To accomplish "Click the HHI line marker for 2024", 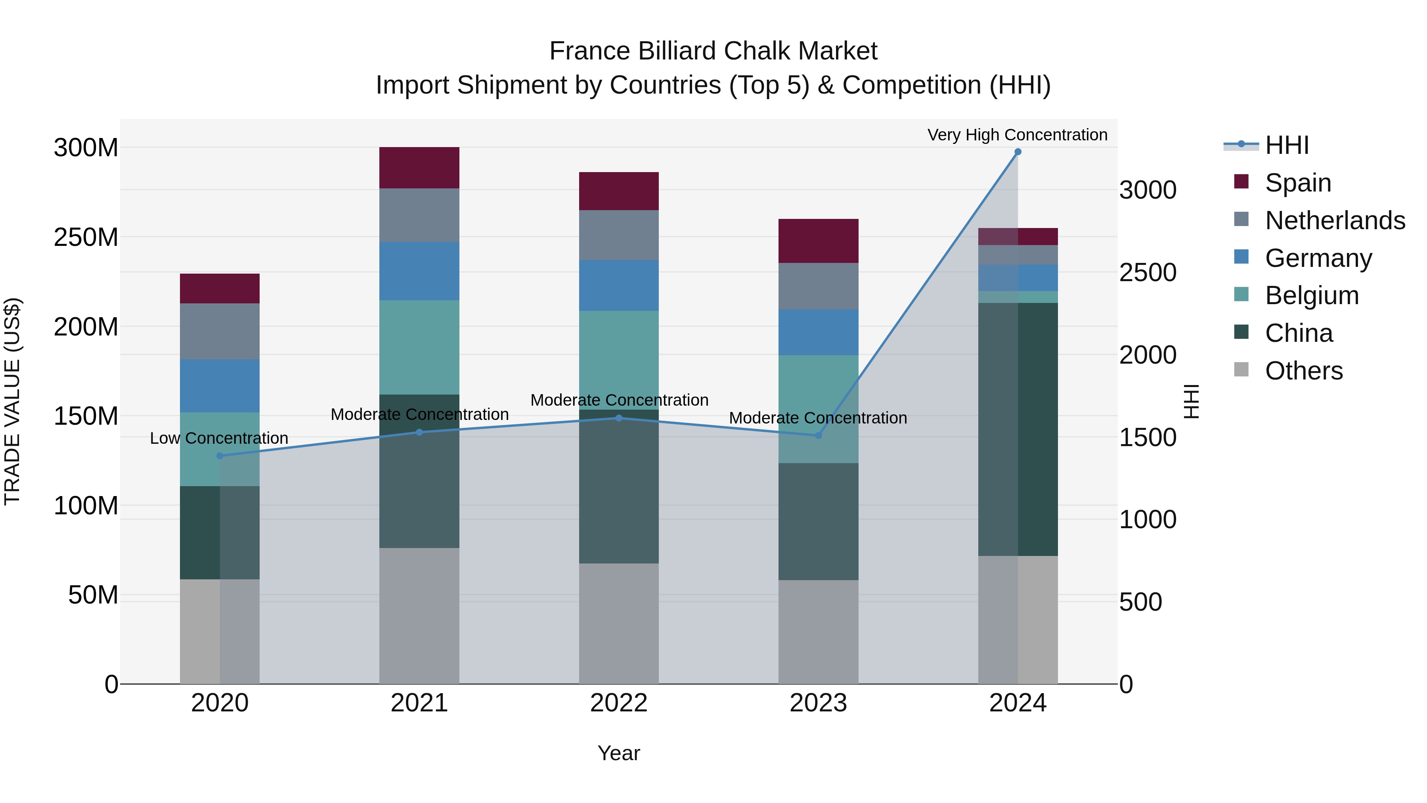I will coord(1018,152).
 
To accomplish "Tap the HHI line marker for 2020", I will coord(220,456).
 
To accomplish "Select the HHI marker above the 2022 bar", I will coord(619,418).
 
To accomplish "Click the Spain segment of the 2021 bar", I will coord(419,168).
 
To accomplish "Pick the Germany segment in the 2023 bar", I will coord(818,333).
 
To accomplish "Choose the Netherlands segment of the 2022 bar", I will coord(619,235).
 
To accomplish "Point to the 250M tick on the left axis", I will coord(86,237).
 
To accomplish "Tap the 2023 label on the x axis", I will coord(818,703).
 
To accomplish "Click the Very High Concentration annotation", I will coord(1017,135).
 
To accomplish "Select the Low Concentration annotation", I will coord(219,438).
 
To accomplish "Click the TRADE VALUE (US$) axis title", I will coord(12,401).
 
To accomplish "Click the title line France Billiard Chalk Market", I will coord(713,51).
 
